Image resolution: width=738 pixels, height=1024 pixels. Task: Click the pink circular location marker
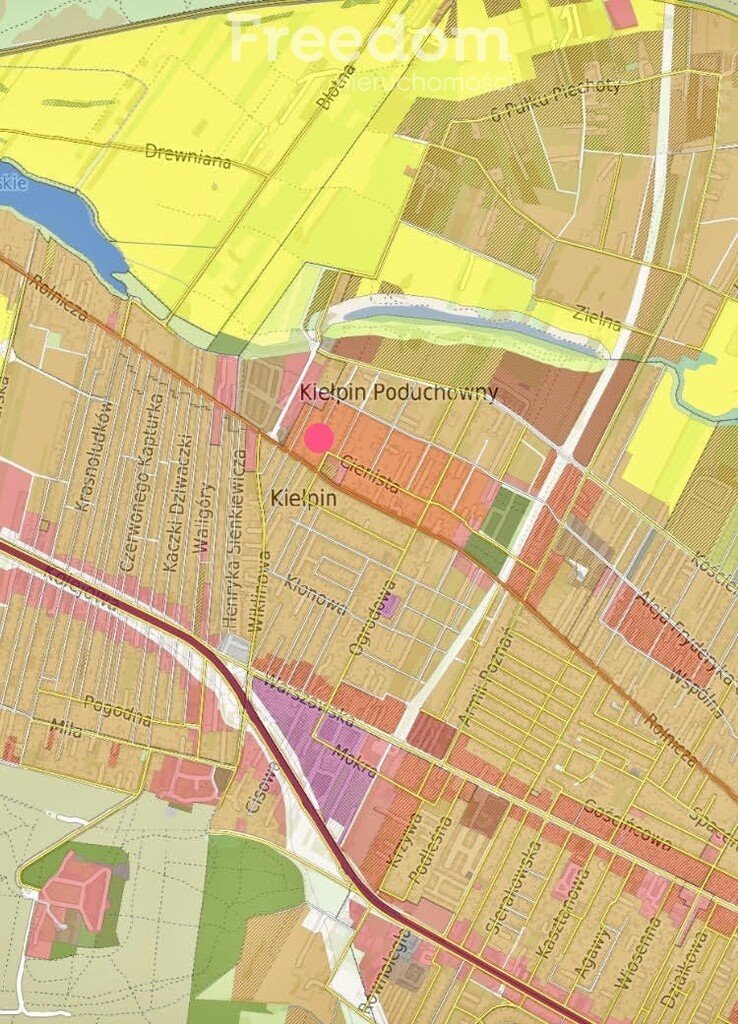pyautogui.click(x=319, y=438)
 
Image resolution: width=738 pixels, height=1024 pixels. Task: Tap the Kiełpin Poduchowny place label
pyautogui.click(x=398, y=393)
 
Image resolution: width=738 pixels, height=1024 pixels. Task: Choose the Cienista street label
pyautogui.click(x=370, y=473)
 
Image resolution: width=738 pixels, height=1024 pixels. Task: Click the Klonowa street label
pyautogui.click(x=316, y=594)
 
